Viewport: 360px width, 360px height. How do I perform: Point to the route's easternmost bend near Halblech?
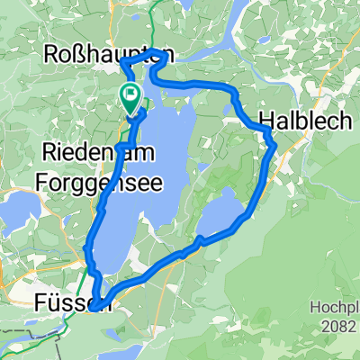274,144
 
